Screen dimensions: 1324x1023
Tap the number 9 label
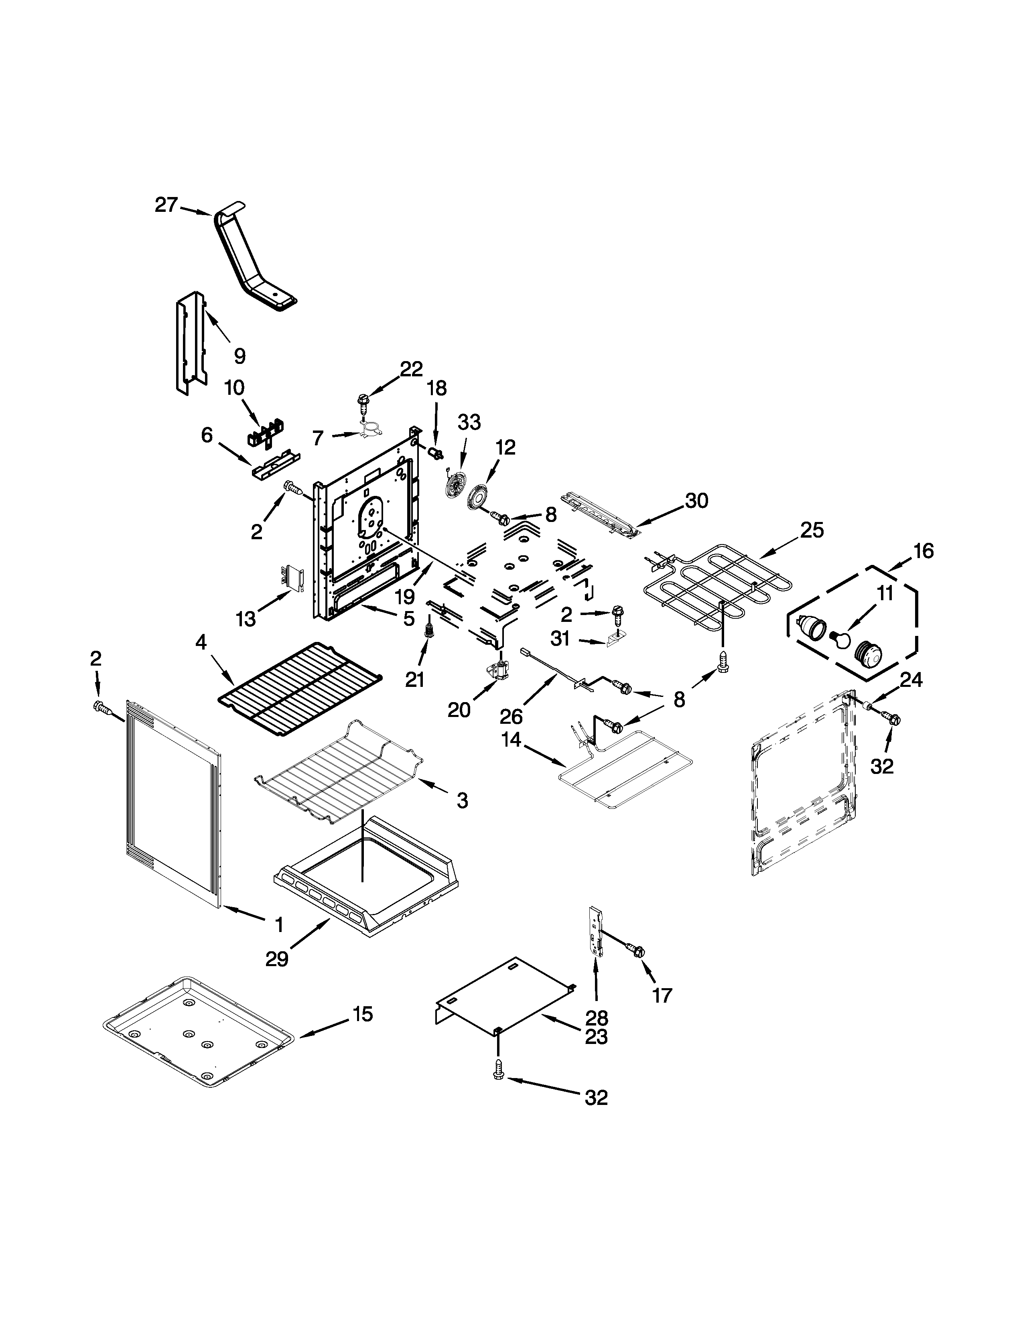tap(240, 356)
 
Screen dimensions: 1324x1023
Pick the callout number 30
tap(697, 501)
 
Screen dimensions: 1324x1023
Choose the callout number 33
tap(469, 422)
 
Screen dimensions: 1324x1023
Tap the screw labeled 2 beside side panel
tap(100, 706)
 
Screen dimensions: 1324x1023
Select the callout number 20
tap(459, 710)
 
